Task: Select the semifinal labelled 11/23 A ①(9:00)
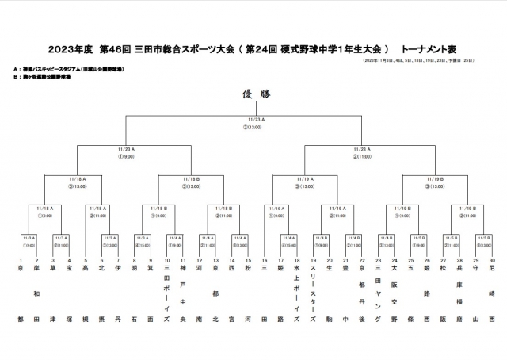pos(127,151)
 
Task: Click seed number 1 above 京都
pos(21,260)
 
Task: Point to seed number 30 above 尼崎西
pos(491,260)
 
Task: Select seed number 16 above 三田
pos(265,260)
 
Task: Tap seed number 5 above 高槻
pos(86,260)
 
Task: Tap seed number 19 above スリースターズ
pos(314,260)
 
